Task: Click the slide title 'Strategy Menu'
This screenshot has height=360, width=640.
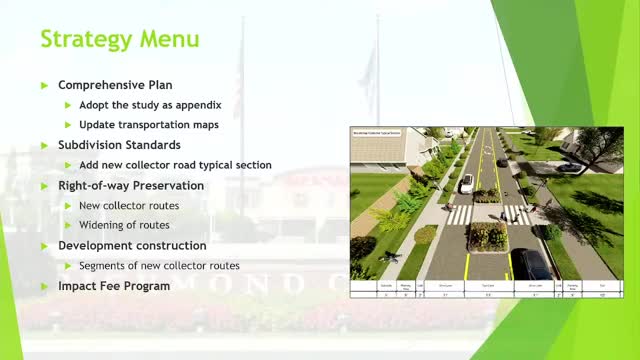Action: pos(119,40)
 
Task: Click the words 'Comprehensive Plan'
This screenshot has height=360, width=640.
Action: pos(114,84)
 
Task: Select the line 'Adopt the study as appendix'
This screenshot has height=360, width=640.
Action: pos(151,105)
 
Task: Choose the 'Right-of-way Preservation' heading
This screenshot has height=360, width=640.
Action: pos(131,185)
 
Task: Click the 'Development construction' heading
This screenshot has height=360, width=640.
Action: pos(132,245)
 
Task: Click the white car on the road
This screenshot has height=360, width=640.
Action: pos(466,184)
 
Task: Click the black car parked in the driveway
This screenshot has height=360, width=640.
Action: pos(567,167)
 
